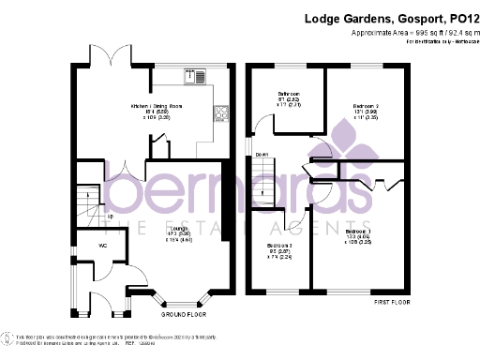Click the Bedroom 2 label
366,107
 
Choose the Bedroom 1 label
360,232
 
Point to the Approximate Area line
407,33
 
